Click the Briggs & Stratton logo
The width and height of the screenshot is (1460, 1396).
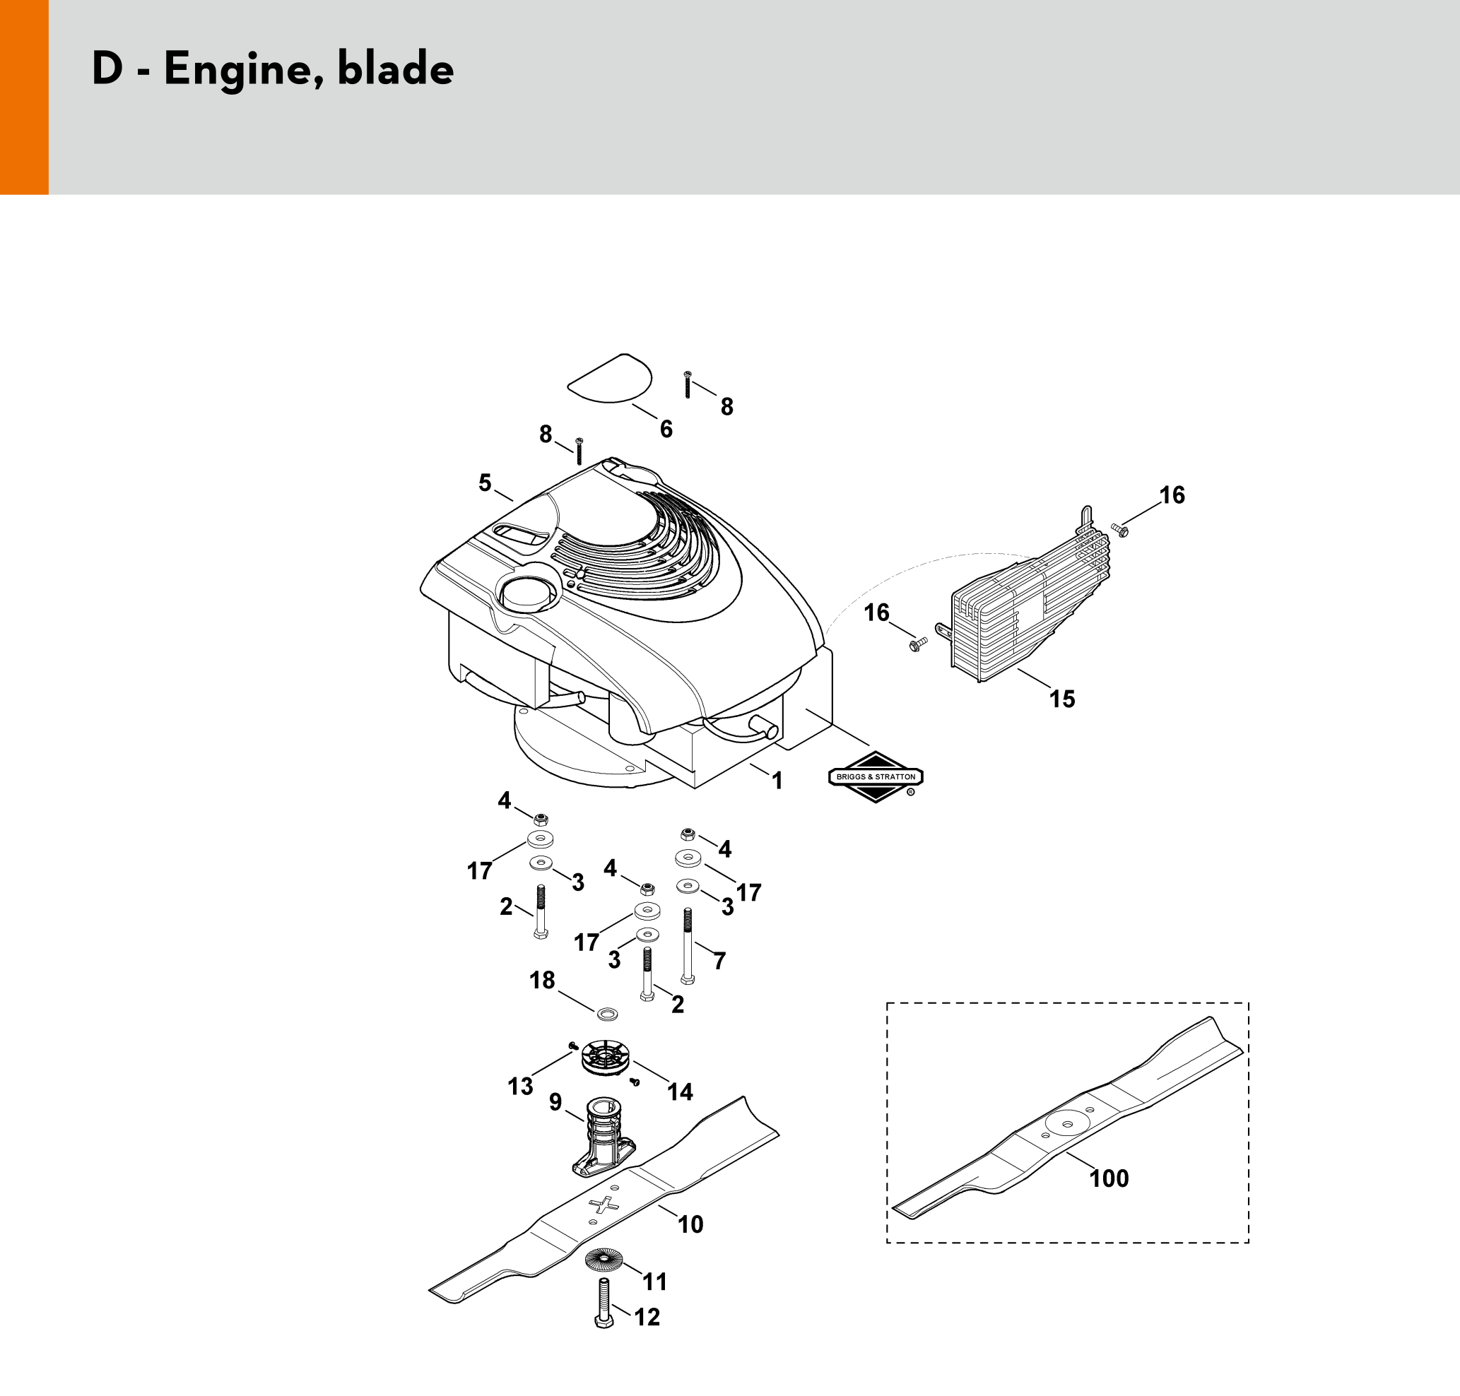(x=876, y=777)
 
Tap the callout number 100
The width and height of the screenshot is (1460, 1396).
(x=1109, y=1178)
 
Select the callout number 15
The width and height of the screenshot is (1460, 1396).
(x=1061, y=699)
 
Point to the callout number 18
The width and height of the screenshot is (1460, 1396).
(x=542, y=980)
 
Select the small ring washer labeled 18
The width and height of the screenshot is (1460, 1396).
(x=608, y=1014)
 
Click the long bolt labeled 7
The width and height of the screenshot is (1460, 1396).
(x=687, y=945)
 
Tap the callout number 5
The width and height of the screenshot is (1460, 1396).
(x=485, y=483)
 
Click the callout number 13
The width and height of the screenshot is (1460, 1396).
(x=520, y=1087)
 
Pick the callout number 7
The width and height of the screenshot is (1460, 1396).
(x=719, y=961)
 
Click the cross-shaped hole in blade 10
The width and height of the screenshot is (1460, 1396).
(x=604, y=1204)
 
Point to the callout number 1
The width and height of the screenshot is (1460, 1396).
(x=777, y=781)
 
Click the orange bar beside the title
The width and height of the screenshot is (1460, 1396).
(x=24, y=97)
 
